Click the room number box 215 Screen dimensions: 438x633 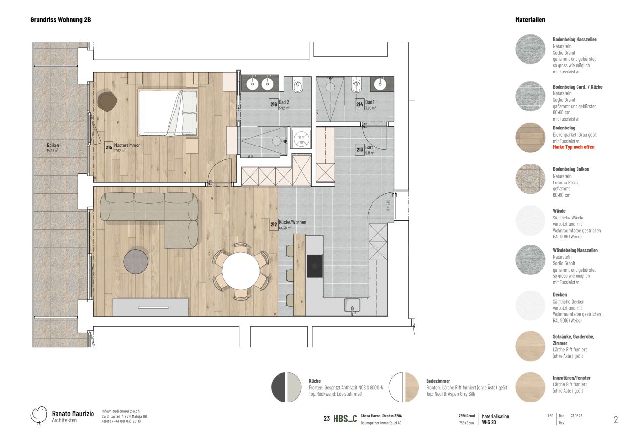[x=109, y=147]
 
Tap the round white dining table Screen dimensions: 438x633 [x=241, y=271]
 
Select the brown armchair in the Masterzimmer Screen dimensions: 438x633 [x=107, y=101]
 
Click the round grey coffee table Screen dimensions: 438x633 [x=136, y=261]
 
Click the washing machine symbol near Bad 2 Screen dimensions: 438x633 [x=300, y=138]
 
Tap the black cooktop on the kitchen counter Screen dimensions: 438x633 [x=315, y=266]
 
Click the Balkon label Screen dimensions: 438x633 [x=53, y=145]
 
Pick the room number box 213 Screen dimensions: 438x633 [x=359, y=149]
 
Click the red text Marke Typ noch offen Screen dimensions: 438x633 [x=573, y=147]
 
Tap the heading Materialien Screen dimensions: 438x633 [x=530, y=20]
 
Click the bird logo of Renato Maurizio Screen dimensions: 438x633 [x=39, y=415]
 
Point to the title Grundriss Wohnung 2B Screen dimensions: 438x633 [x=60, y=20]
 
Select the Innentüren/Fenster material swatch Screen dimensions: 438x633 [x=530, y=387]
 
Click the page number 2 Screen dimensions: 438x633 [x=615, y=420]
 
